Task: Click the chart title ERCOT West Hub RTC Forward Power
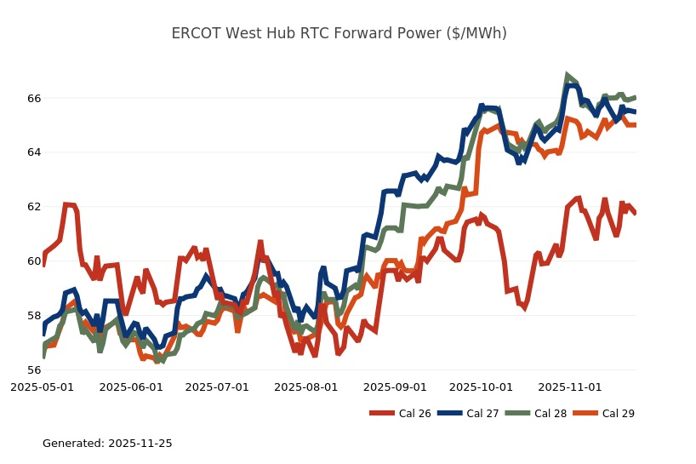339,33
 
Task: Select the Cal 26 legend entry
401,414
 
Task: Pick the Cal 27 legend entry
468,414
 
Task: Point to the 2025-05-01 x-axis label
42,387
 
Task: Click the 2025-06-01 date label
131,387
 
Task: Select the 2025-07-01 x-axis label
217,387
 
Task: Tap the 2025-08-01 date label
306,387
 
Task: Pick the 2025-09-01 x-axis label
395,387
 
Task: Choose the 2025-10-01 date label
481,387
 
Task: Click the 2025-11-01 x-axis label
570,387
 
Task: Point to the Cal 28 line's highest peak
567,76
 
